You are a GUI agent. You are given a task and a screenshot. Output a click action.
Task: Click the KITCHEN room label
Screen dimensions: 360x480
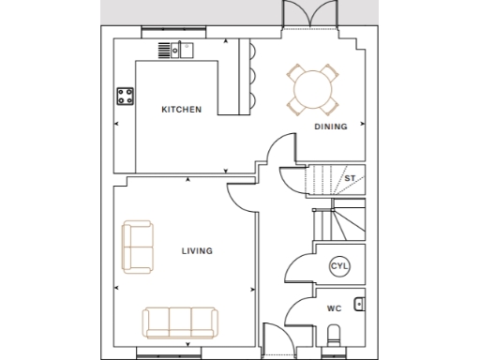181,110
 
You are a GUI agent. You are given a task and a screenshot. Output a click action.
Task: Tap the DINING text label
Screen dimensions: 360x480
330,127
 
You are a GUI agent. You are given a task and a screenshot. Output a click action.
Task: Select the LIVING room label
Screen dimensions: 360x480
197,250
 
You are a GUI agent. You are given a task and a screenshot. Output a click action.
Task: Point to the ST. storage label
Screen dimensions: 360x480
350,177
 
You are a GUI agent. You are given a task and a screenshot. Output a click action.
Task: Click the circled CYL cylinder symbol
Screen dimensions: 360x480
338,267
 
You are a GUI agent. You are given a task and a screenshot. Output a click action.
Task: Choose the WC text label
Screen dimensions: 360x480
334,307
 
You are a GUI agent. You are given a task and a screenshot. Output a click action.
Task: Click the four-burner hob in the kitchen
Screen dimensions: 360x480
125,95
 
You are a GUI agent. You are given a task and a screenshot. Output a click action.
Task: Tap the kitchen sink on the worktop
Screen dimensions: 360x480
177,49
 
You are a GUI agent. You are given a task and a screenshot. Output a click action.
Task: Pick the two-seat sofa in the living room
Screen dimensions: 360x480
138,247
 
